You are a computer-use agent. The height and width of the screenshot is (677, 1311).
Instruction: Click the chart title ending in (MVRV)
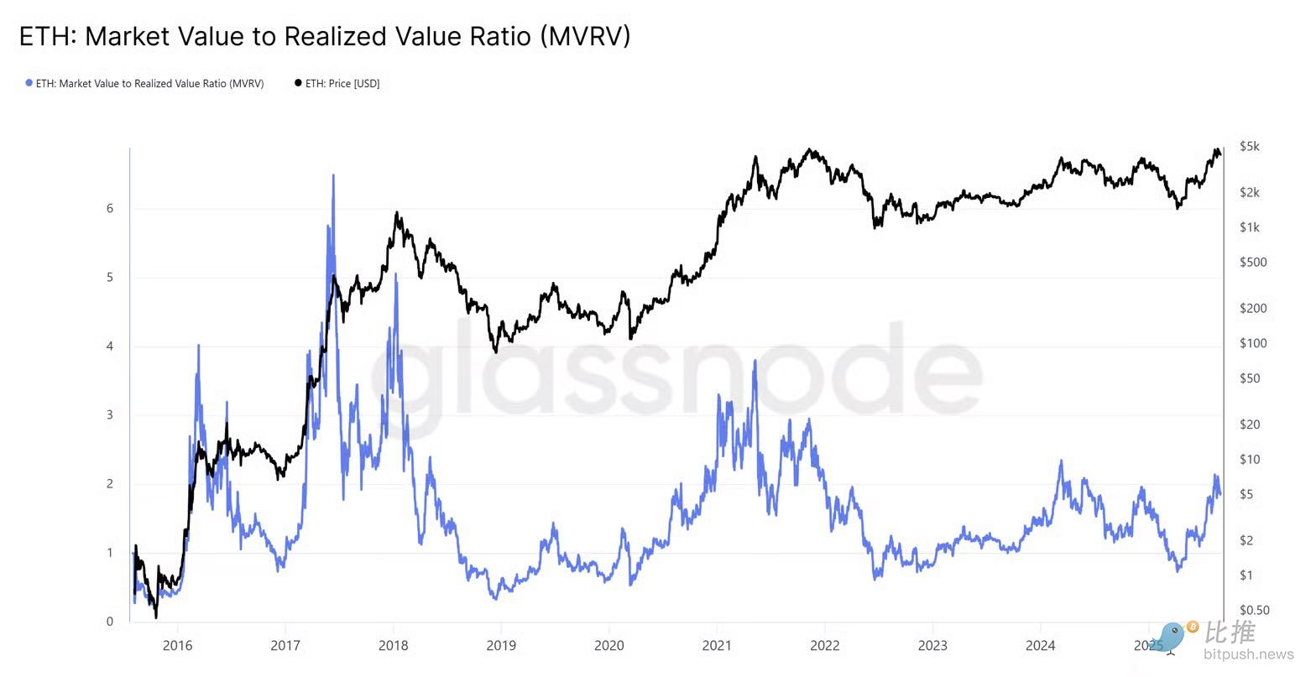pyautogui.click(x=324, y=36)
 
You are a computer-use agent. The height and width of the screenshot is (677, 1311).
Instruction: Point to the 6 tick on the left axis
pyautogui.click(x=110, y=209)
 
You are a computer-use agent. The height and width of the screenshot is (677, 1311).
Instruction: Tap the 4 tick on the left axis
pyautogui.click(x=110, y=346)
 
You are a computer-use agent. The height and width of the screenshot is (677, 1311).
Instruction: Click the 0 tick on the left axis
pyautogui.click(x=110, y=622)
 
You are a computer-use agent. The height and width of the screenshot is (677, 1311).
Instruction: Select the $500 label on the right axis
pyautogui.click(x=1252, y=262)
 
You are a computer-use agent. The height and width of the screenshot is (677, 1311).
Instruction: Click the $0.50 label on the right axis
pyautogui.click(x=1254, y=610)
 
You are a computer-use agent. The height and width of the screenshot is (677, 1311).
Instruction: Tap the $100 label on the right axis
pyautogui.click(x=1252, y=343)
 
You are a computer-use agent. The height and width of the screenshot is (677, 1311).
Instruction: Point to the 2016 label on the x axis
pyautogui.click(x=177, y=645)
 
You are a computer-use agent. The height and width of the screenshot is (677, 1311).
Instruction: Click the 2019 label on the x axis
pyautogui.click(x=501, y=645)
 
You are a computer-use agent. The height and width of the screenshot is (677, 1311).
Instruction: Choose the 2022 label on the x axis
pyautogui.click(x=824, y=645)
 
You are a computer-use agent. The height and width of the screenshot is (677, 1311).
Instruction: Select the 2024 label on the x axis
pyautogui.click(x=1040, y=645)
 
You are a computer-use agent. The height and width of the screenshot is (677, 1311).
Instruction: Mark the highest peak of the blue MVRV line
pyautogui.click(x=333, y=175)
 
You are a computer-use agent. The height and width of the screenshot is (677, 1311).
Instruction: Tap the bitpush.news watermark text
pyautogui.click(x=1248, y=654)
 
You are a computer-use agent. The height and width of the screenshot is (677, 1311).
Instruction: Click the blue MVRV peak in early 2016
pyautogui.click(x=198, y=345)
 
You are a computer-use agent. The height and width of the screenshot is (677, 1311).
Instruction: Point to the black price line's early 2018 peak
pyautogui.click(x=396, y=213)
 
